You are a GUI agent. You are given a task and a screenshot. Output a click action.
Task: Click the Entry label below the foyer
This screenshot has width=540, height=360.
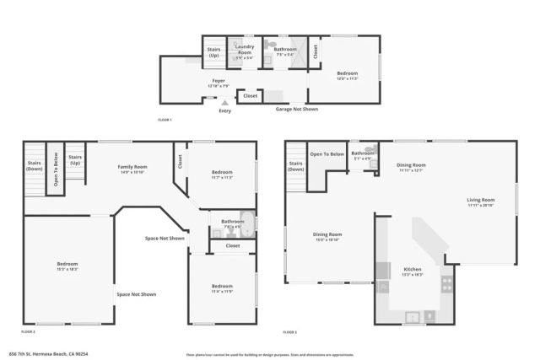pos(224,111)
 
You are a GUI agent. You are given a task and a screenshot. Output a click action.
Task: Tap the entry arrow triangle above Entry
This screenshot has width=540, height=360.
pos(224,103)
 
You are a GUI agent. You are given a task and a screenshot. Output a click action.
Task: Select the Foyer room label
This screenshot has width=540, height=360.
pos(219,83)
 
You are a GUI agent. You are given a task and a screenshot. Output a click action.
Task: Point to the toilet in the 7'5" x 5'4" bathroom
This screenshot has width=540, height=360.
pos(271,45)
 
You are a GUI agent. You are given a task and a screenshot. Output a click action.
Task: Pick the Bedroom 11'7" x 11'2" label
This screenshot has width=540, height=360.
pos(222,175)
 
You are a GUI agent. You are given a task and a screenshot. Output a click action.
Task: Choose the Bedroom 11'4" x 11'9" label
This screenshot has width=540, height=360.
pos(222,288)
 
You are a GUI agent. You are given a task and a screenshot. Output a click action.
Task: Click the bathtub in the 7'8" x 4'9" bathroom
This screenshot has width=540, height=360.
pos(246,223)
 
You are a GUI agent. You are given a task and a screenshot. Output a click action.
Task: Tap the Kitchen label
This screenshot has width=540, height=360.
pos(412,271)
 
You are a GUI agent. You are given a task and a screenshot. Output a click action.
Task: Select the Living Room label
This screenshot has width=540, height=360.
pos(481,201)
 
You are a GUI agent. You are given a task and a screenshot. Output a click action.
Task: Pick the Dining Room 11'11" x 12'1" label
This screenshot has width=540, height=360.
pos(411,167)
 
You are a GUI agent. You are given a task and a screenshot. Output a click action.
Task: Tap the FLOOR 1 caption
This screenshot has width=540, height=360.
pos(165,121)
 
